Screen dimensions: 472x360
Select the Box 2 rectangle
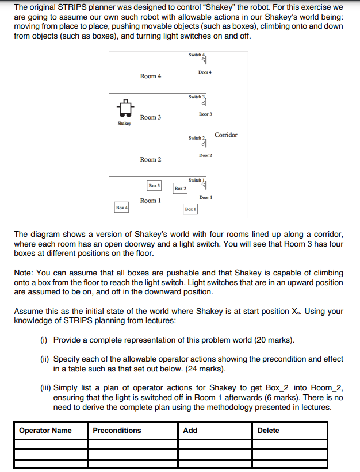pos(180,188)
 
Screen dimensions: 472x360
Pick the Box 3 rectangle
pos(154,186)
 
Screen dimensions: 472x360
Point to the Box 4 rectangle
pos(121,207)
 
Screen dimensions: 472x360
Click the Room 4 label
pos(151,76)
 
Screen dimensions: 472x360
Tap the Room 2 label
pos(151,159)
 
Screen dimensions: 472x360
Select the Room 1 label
pos(151,201)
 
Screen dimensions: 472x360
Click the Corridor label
pos(225,135)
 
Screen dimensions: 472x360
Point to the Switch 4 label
pos(196,55)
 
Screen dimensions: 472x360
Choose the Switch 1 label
pos(196,180)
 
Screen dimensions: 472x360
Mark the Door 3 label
pos(205,114)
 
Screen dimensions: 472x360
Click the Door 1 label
pos(206,197)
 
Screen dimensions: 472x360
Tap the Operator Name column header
pos(45,430)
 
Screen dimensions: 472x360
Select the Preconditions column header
pos(117,430)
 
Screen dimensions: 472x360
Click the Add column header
pos(190,430)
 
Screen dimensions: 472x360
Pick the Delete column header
pos(269,430)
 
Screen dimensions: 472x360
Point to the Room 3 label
pos(151,117)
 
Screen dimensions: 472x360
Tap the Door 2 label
pos(206,155)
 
